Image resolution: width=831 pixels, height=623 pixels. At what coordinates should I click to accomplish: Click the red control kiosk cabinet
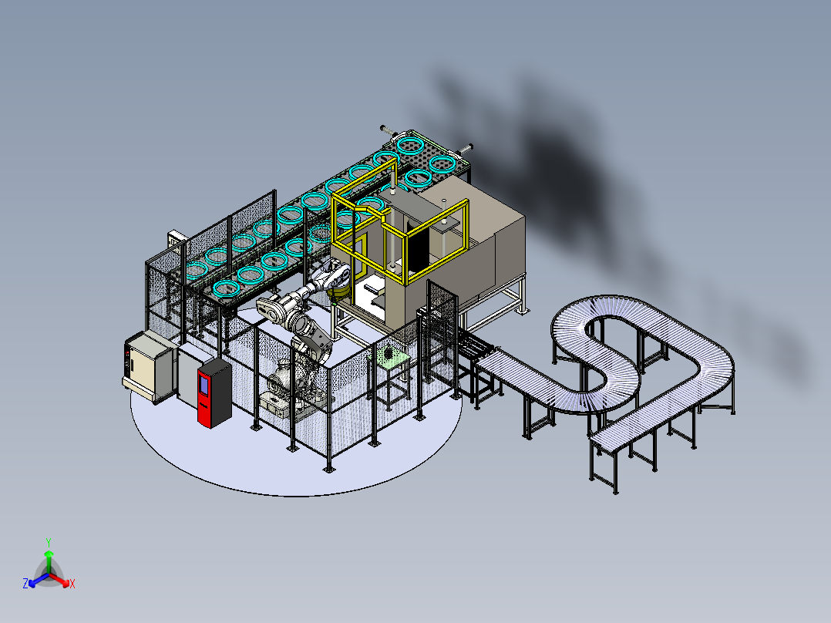[214, 393]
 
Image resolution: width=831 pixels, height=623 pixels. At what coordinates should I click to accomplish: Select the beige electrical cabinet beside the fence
[145, 364]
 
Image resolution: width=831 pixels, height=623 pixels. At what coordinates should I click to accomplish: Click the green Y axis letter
[48, 541]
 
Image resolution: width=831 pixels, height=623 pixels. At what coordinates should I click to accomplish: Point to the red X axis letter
[72, 584]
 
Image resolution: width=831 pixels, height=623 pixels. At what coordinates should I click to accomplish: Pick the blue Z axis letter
[25, 584]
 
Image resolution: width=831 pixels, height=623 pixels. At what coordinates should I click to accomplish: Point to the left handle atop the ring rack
[388, 129]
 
